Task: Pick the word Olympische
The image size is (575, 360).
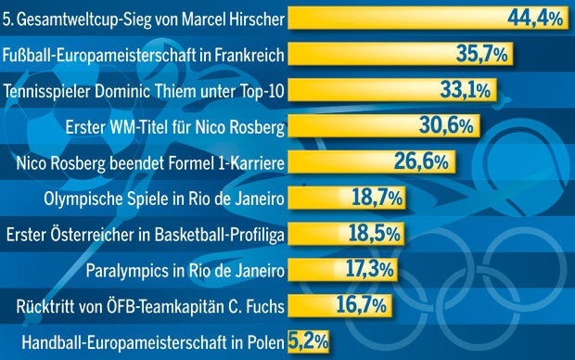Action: (83, 198)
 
